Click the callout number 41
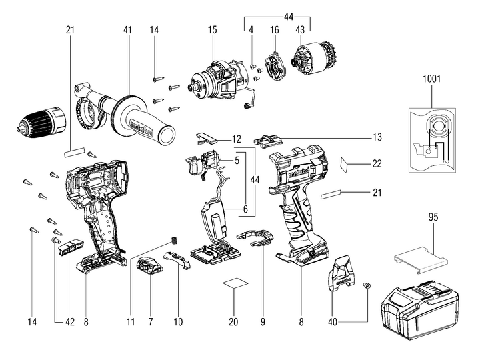click(127, 29)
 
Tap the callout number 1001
click(431, 79)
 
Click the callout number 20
click(233, 323)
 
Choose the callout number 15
click(212, 29)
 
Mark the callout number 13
click(378, 137)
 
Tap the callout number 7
click(151, 323)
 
